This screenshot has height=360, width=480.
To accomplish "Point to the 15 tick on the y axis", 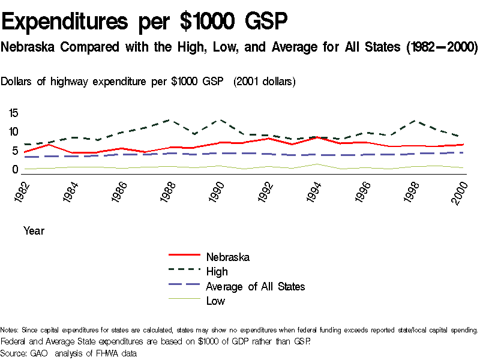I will (x=14, y=113).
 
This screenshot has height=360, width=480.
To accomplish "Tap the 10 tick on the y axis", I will (x=14, y=132).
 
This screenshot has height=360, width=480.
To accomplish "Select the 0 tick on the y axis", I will (x=16, y=170).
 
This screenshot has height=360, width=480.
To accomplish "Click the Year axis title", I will (x=34, y=230).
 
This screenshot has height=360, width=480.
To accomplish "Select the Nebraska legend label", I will (x=227, y=257).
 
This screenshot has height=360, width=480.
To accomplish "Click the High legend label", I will (x=217, y=272).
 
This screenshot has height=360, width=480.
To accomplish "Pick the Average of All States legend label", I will (x=255, y=287).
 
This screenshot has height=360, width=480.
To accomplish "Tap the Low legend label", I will (x=215, y=301).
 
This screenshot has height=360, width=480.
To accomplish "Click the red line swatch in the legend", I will (x=182, y=257).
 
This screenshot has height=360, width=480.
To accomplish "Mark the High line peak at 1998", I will (x=412, y=121).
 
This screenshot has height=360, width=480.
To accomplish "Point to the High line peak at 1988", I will (x=170, y=120).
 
